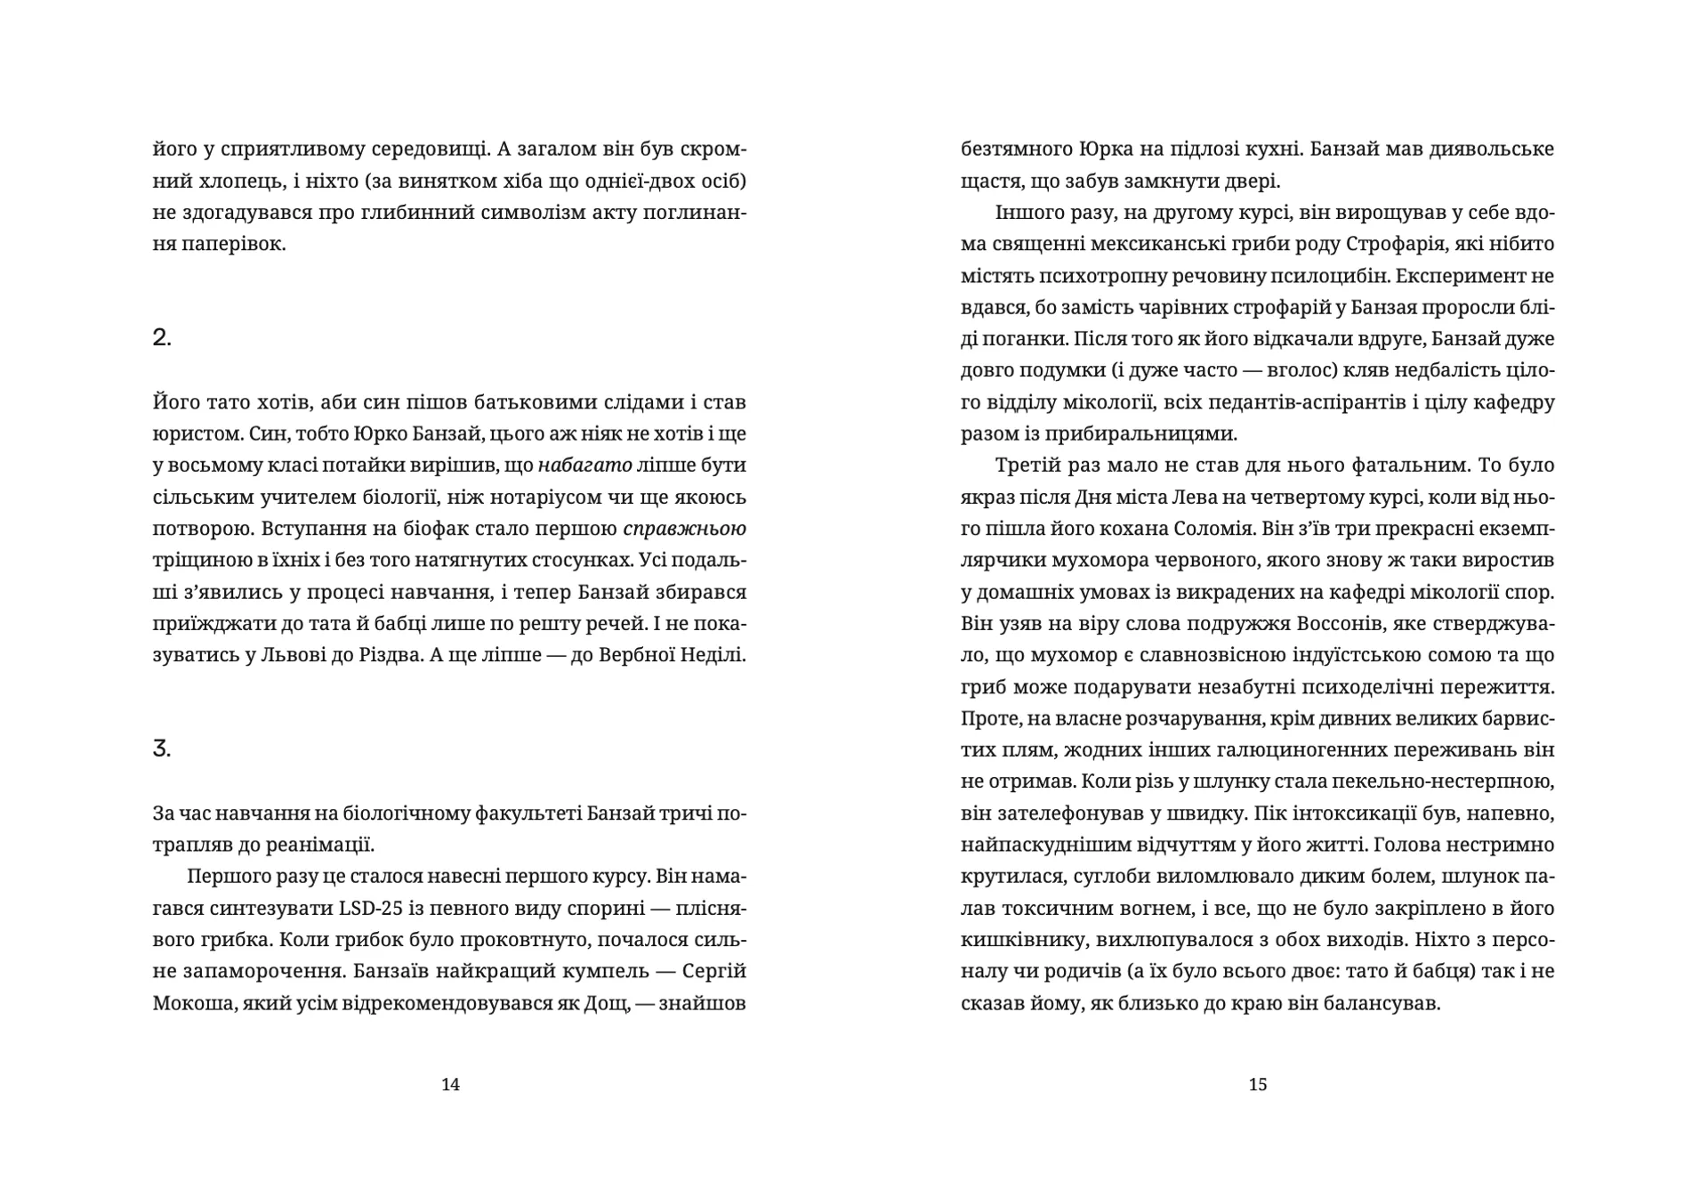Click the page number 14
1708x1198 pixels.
coord(450,1084)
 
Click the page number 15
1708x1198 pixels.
coord(1258,1084)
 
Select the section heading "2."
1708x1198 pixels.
coord(162,337)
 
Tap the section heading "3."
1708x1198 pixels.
coord(162,749)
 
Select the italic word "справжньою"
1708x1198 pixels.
coord(684,529)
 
